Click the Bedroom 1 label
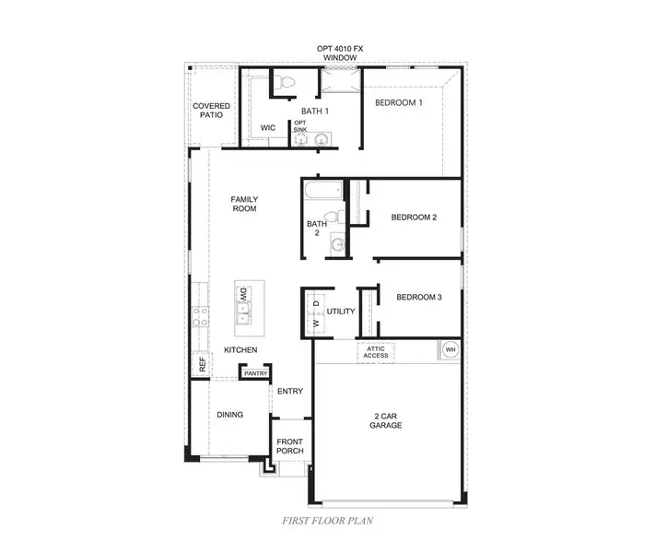(x=398, y=102)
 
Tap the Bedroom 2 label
(x=414, y=218)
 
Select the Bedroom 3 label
(x=419, y=297)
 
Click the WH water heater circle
(x=450, y=350)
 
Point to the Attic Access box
(x=376, y=352)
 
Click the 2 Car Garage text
(x=386, y=420)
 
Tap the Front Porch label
(x=290, y=446)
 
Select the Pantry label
(x=256, y=373)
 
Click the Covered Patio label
(x=211, y=112)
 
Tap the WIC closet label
(x=268, y=127)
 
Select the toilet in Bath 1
(x=287, y=84)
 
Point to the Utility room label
(x=341, y=312)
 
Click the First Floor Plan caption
(x=327, y=521)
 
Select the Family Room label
(x=244, y=204)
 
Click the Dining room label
(x=229, y=415)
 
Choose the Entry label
(x=290, y=392)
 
